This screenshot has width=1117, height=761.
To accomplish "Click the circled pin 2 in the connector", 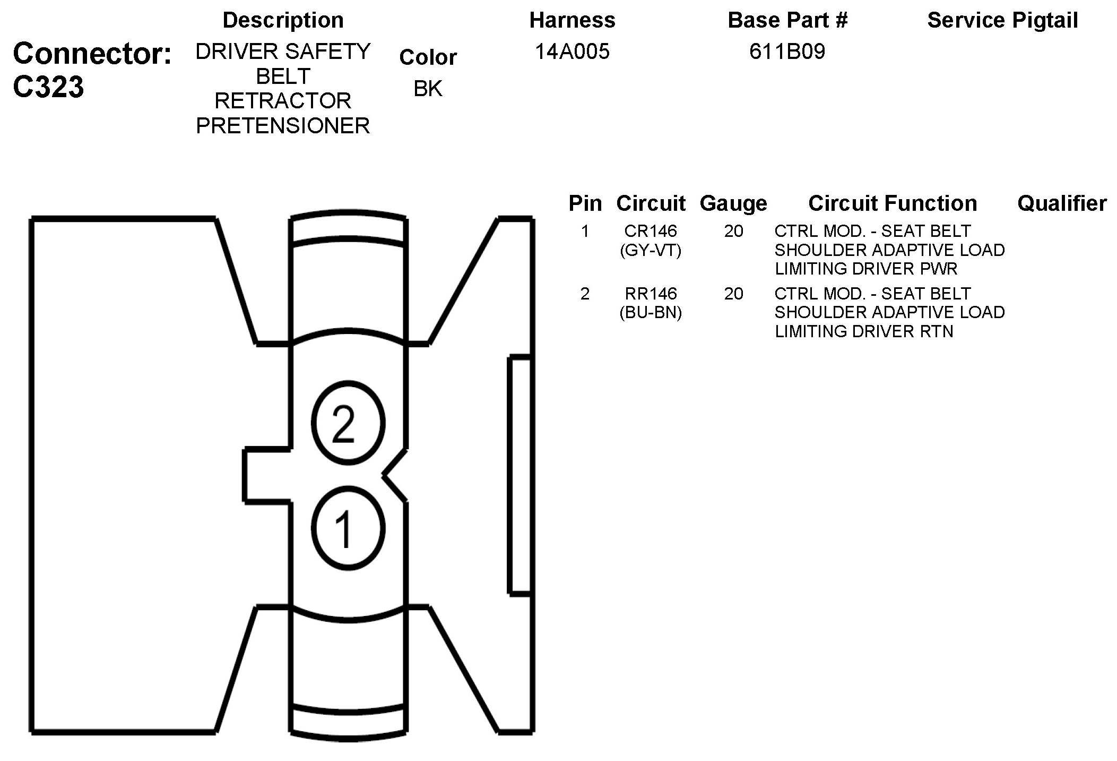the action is [348, 423].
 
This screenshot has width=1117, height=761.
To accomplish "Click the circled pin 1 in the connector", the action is [348, 528].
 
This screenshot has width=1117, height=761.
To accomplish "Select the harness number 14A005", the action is [572, 52].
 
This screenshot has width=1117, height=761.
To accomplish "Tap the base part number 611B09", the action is [787, 52].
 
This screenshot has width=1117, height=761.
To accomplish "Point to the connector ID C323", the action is [48, 87].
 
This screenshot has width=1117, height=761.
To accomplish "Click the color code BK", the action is [428, 89].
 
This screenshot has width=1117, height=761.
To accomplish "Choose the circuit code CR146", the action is [651, 231].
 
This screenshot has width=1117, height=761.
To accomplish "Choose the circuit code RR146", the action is [651, 294].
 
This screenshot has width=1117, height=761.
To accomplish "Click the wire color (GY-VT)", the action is [651, 250].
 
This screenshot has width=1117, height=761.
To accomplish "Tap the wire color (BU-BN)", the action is [651, 312].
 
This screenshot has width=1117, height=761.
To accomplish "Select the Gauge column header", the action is [733, 203].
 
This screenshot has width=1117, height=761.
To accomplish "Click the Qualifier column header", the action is [1062, 203].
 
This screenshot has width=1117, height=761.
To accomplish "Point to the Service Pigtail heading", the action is [1002, 20].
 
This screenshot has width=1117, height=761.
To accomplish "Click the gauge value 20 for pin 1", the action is [733, 231].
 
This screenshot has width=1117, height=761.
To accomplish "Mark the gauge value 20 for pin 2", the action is [733, 294].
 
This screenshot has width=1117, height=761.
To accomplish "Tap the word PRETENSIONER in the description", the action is [283, 126].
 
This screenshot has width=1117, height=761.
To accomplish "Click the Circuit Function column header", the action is [893, 203].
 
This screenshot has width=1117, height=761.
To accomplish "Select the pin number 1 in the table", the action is [585, 231].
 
